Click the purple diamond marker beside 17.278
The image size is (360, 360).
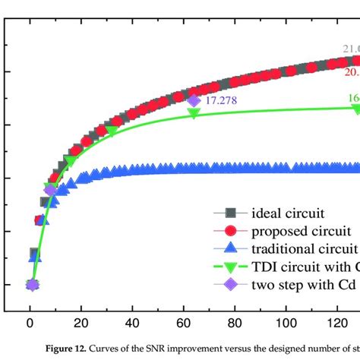(x=194, y=100)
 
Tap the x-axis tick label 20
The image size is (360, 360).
(x=81, y=321)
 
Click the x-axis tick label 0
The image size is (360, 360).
(x=30, y=321)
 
